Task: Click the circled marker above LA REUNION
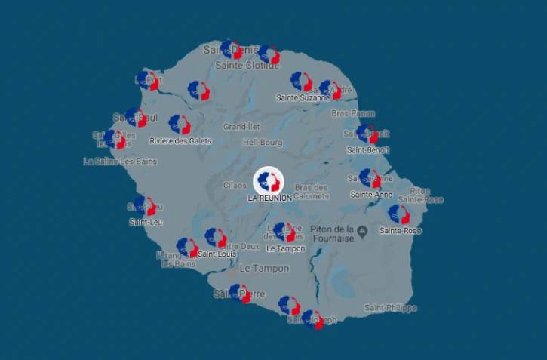tap(269, 180)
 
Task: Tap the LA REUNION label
tap(269, 198)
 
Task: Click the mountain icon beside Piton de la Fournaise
tap(364, 229)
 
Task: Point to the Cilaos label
tap(235, 185)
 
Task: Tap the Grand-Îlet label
tap(241, 127)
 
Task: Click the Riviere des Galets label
tap(180, 140)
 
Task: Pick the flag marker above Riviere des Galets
tap(180, 125)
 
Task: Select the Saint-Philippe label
tap(390, 308)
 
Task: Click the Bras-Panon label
tap(354, 113)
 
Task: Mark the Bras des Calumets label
tap(312, 192)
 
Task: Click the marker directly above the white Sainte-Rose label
tap(399, 214)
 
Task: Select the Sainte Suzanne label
tap(303, 97)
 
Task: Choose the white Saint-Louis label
tap(217, 254)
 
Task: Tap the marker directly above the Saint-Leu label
tap(146, 206)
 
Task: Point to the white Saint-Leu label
tap(146, 222)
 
